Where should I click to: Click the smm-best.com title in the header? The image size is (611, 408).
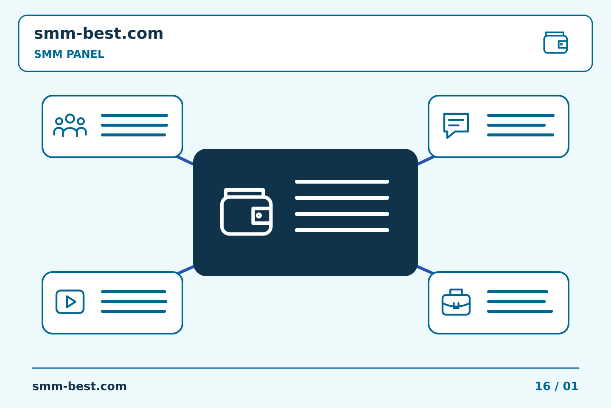click(98, 34)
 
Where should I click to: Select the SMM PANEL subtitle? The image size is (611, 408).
click(69, 54)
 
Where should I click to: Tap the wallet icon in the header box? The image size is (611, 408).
click(555, 42)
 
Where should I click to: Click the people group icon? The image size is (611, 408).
click(70, 125)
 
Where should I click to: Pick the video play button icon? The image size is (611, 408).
click(70, 301)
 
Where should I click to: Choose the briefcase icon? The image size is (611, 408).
click(456, 302)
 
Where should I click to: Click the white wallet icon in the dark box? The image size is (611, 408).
click(246, 212)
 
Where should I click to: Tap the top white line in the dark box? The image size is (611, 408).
click(342, 182)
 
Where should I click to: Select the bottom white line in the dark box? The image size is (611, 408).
click(342, 230)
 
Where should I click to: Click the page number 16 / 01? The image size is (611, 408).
click(556, 386)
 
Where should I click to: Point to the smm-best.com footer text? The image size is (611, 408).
click(79, 386)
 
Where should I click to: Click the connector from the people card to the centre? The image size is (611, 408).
click(185, 161)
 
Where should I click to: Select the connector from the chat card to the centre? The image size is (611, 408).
click(426, 161)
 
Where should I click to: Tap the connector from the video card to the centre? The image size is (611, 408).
click(185, 269)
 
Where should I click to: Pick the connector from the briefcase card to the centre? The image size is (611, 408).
click(425, 269)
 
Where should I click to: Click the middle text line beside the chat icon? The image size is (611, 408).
click(516, 125)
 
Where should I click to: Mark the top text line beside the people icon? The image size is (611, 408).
click(135, 115)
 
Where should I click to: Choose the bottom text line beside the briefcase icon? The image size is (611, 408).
click(520, 311)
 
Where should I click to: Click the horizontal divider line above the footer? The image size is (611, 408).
click(305, 368)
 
